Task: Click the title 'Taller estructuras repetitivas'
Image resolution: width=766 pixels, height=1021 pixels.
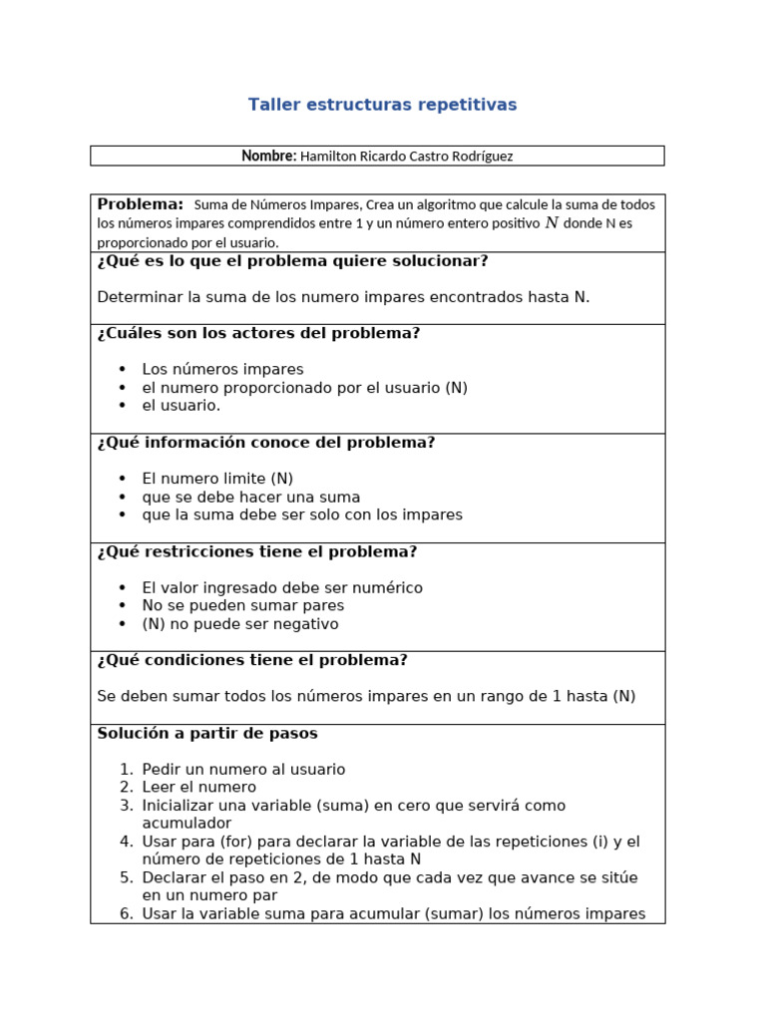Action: click(382, 105)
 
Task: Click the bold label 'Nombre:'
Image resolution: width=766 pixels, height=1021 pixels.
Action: click(268, 156)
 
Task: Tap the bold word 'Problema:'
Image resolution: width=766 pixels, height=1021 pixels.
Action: click(140, 204)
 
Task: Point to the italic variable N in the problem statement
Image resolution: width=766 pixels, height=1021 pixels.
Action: click(552, 223)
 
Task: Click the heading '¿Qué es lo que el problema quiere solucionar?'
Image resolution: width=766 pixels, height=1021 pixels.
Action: click(292, 261)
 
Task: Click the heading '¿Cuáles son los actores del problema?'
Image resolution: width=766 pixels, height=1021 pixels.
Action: click(258, 333)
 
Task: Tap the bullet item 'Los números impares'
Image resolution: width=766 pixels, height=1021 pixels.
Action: click(222, 369)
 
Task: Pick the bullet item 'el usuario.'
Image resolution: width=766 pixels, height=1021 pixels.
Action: click(181, 405)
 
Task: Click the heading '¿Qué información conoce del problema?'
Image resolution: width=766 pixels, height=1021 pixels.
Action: click(266, 443)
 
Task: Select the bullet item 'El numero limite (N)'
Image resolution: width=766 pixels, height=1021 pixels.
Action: click(217, 479)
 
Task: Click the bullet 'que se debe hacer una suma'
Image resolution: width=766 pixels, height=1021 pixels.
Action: click(250, 497)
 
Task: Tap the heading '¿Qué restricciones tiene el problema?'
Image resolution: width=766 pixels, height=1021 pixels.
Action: click(256, 551)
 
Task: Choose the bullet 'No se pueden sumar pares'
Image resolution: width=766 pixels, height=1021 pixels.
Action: click(242, 605)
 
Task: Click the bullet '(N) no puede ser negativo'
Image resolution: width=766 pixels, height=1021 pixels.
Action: click(240, 624)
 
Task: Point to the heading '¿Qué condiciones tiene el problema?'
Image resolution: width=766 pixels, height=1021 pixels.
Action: click(252, 660)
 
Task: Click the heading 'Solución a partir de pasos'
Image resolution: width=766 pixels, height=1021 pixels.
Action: click(207, 733)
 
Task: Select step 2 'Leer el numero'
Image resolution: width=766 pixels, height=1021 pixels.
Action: click(198, 787)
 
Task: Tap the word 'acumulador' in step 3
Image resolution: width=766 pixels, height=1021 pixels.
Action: click(187, 823)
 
